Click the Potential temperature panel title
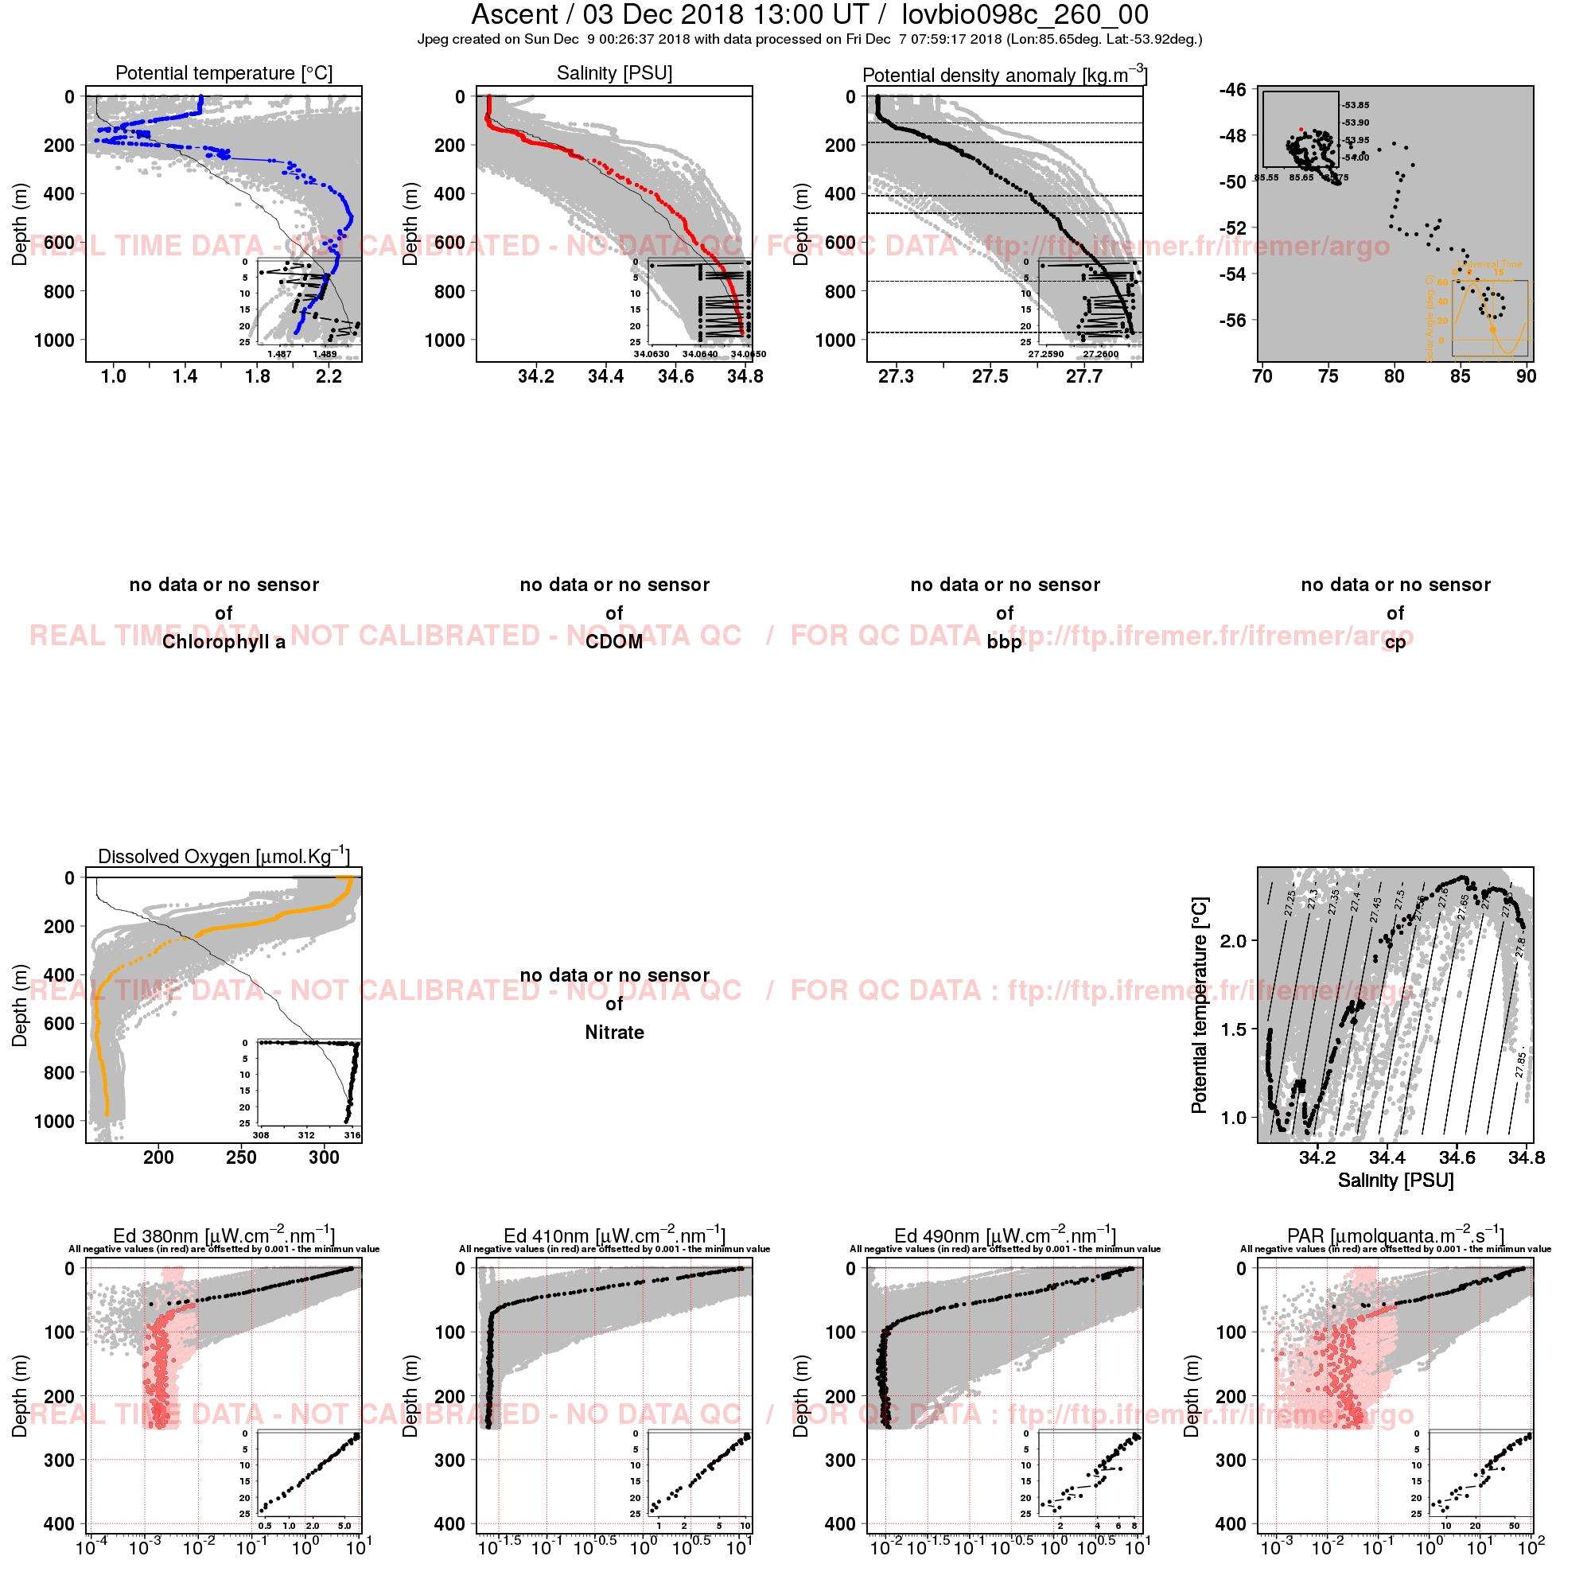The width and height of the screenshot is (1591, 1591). point(224,73)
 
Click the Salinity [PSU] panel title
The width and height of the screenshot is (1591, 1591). point(614,73)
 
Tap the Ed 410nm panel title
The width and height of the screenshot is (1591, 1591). point(614,1236)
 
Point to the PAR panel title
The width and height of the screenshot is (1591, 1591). point(1396,1236)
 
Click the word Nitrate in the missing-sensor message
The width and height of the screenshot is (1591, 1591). point(614,1033)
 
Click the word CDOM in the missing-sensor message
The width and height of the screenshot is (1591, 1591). point(614,642)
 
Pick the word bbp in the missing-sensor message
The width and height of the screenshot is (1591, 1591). point(1005,642)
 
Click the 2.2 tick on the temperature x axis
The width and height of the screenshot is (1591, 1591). point(329,377)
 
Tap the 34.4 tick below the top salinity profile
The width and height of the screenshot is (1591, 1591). point(605,377)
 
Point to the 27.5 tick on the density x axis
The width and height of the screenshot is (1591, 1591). point(990,377)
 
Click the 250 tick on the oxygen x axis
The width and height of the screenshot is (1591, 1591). point(241,1157)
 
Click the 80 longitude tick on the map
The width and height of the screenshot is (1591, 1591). point(1395,377)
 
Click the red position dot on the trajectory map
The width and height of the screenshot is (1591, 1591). point(1301,130)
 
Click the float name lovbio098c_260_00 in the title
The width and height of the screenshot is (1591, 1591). point(1025,15)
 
